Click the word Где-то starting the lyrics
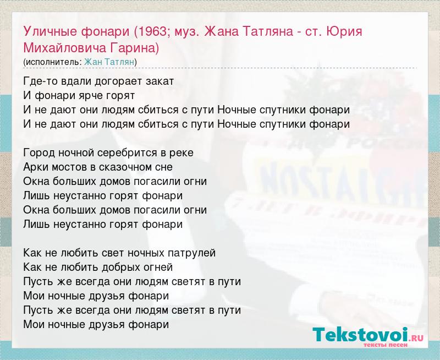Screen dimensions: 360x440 pos(39,81)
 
